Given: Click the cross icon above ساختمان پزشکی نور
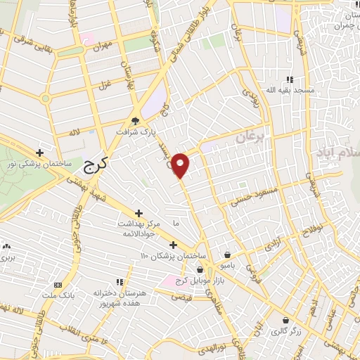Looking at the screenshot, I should [x=40, y=153].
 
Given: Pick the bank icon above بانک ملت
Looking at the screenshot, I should [x=58, y=285].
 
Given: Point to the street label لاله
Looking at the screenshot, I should [x=75, y=131].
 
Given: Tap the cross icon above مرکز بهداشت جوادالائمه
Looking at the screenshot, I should [x=139, y=212].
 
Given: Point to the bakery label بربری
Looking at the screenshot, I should [x=9, y=258].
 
